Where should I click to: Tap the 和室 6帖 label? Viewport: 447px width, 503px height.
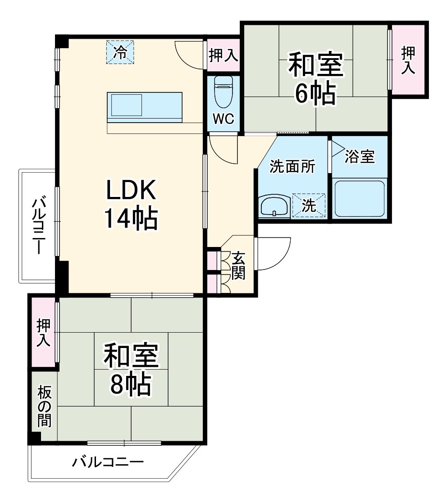pos(315,79)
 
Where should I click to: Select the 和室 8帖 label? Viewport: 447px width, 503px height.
pos(131,370)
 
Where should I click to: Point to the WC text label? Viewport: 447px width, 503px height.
pos(223,119)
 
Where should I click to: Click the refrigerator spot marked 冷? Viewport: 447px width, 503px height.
pos(120,52)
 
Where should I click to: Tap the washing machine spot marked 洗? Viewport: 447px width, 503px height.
pos(309,206)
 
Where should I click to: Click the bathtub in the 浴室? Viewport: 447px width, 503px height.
pos(359,198)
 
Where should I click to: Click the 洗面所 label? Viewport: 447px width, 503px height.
pos(292,166)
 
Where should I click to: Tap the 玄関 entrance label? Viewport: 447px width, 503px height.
pos(238,266)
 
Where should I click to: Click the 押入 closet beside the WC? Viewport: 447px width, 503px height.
pos(223,56)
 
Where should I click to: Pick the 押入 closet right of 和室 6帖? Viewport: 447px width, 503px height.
pos(408,60)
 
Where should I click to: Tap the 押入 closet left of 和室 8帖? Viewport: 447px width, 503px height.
pos(43,333)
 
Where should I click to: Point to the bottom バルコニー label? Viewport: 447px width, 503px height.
pos(108,462)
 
